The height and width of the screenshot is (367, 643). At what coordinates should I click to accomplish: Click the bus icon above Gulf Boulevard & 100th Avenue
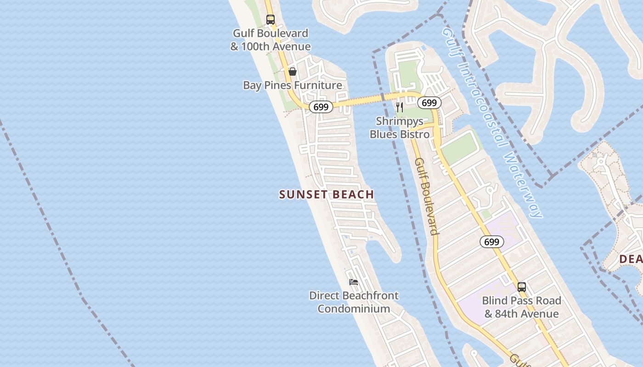pos(271,20)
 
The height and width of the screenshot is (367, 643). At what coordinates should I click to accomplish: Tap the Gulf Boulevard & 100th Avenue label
pos(271,40)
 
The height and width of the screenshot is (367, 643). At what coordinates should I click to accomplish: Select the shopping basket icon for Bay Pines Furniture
pos(293,72)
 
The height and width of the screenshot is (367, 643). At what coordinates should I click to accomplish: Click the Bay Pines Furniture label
pos(293,85)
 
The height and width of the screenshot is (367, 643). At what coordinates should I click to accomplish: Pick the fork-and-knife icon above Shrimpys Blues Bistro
pos(400,107)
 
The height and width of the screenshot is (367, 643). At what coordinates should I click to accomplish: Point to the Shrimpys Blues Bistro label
pos(400,128)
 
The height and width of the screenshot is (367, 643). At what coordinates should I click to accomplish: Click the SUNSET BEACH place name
pos(327,195)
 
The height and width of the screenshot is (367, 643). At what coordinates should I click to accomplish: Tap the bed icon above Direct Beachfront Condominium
pos(354,282)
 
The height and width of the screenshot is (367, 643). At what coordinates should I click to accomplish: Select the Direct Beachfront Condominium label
pos(354,302)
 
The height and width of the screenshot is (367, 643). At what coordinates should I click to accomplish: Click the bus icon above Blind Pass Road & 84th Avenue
pos(522,287)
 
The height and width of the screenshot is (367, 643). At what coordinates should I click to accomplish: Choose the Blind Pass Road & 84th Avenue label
pos(522,307)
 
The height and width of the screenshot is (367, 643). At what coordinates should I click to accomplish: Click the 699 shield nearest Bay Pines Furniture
pos(321,107)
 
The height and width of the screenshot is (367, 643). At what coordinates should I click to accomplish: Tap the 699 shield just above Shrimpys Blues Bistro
pos(429,103)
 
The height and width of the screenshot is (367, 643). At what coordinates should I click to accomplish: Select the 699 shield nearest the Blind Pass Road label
pos(491,242)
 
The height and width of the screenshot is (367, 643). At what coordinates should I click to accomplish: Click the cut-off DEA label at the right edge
pos(631,259)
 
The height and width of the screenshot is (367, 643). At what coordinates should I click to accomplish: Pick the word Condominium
pos(354,309)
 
